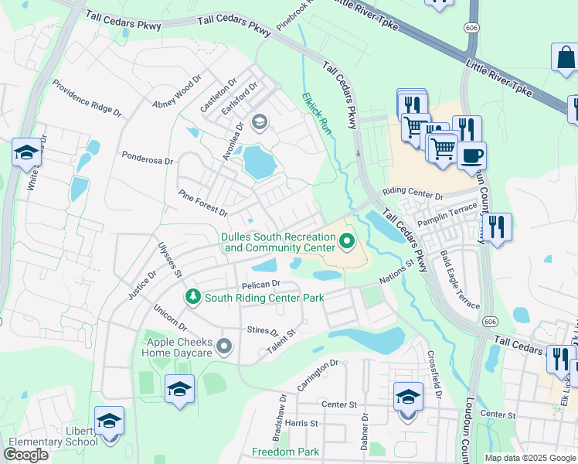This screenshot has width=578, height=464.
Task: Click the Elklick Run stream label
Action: [316, 114]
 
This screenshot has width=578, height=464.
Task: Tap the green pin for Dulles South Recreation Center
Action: [346, 243]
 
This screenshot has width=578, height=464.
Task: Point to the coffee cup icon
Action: [471, 155]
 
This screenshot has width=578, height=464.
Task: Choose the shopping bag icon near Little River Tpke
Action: [566, 58]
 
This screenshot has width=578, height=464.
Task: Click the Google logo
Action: [26, 454]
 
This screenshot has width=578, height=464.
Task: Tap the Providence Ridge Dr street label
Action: [87, 98]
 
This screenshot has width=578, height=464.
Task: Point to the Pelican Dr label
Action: [260, 285]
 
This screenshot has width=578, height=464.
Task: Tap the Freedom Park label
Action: [285, 452]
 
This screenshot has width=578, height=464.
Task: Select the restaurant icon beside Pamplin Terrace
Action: [496, 227]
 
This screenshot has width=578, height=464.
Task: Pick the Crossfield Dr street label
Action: [433, 374]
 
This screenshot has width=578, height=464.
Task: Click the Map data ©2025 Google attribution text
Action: [530, 458]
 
